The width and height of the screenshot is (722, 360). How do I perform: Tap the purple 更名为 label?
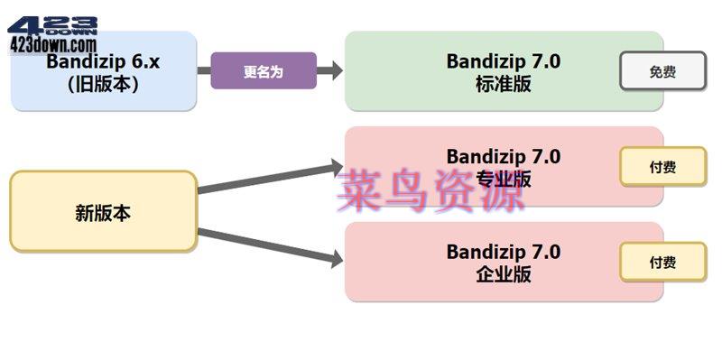(263, 71)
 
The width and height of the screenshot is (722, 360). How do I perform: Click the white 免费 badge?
(662, 72)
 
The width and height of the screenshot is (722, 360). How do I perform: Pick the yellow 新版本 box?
(103, 213)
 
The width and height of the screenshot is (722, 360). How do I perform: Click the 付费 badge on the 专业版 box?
(662, 166)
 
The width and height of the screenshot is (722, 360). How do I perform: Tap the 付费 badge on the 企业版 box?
(662, 263)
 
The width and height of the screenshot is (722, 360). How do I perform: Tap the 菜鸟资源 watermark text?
(431, 191)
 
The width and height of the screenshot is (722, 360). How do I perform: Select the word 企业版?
(503, 274)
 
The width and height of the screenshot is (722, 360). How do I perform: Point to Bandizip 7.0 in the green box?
(503, 60)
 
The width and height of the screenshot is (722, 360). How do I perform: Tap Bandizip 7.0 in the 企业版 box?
(503, 251)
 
